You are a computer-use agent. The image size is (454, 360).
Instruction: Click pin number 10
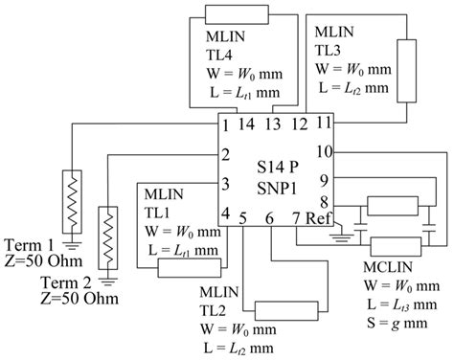click(x=324, y=151)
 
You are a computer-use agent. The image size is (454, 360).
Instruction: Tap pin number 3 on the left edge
click(x=226, y=182)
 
